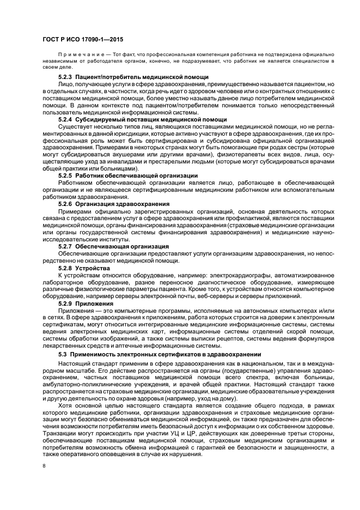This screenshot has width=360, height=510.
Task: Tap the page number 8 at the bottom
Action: click(x=44, y=465)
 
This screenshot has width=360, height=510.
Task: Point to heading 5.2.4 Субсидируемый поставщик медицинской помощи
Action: click(x=143, y=119)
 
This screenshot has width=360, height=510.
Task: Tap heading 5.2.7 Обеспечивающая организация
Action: click(x=113, y=246)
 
